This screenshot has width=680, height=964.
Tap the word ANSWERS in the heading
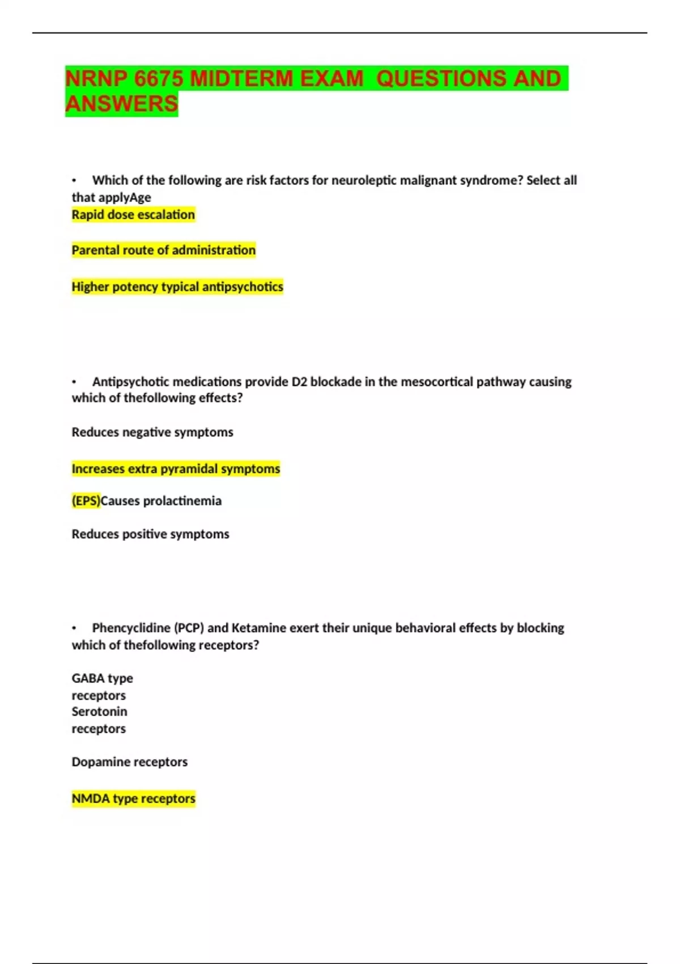click(122, 104)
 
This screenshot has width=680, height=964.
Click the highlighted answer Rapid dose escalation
click(133, 215)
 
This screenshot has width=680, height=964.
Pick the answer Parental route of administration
click(163, 250)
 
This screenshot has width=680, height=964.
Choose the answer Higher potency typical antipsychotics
click(177, 287)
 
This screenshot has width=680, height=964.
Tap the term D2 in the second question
click(299, 382)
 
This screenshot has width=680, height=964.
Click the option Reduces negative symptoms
click(152, 432)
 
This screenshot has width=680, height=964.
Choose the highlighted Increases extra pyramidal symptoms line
click(176, 469)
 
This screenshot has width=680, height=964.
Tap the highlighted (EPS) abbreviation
click(86, 501)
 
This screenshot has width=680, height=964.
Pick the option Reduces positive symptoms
click(150, 534)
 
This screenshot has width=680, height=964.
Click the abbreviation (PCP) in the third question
click(189, 628)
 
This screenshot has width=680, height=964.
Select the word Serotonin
click(99, 712)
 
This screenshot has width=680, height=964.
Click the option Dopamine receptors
click(129, 762)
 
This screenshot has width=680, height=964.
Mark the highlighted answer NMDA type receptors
click(133, 798)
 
